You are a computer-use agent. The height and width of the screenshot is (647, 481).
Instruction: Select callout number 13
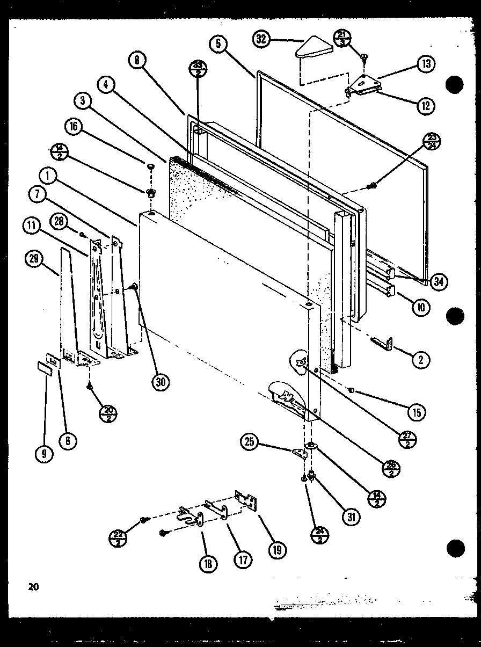pos(425,64)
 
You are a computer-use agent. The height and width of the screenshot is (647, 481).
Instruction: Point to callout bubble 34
pos(438,280)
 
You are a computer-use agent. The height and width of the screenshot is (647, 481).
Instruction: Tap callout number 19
pos(277,549)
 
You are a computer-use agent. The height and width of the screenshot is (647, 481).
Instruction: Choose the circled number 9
pos(44,454)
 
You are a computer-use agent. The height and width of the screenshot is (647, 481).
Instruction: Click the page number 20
pos(33,586)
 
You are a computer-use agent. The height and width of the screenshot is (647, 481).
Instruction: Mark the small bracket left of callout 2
pos(382,343)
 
